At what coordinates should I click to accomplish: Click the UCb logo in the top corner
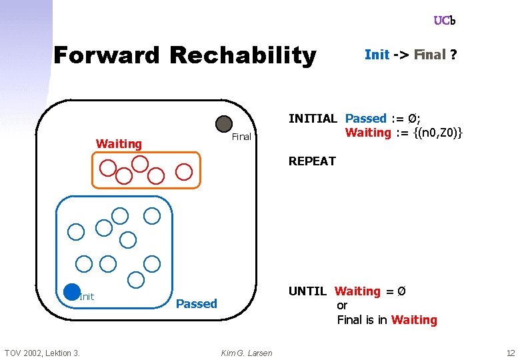pyautogui.click(x=444, y=21)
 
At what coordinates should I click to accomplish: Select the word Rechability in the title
pyautogui.click(x=243, y=55)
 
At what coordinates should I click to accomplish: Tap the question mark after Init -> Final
pyautogui.click(x=453, y=55)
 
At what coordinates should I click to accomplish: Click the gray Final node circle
pyautogui.click(x=224, y=124)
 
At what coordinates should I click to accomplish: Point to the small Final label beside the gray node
pyautogui.click(x=241, y=137)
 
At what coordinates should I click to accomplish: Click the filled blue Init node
pyautogui.click(x=72, y=291)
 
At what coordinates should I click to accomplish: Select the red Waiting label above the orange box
pyautogui.click(x=119, y=143)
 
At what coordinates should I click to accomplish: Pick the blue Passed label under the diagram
pyautogui.click(x=196, y=304)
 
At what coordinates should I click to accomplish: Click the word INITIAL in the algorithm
pyautogui.click(x=313, y=119)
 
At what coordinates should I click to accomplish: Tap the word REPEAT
pyautogui.click(x=312, y=161)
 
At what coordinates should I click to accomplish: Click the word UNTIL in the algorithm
pyautogui.click(x=307, y=291)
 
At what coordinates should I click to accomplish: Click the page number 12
pyautogui.click(x=510, y=353)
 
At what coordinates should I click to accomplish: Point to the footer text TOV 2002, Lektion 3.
pyautogui.click(x=42, y=353)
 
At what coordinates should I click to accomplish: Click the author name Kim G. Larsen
pyautogui.click(x=246, y=353)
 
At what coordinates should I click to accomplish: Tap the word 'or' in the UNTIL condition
pyautogui.click(x=342, y=305)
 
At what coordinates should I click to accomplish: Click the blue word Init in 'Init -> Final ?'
pyautogui.click(x=377, y=55)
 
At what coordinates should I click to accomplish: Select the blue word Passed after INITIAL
pyautogui.click(x=365, y=119)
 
